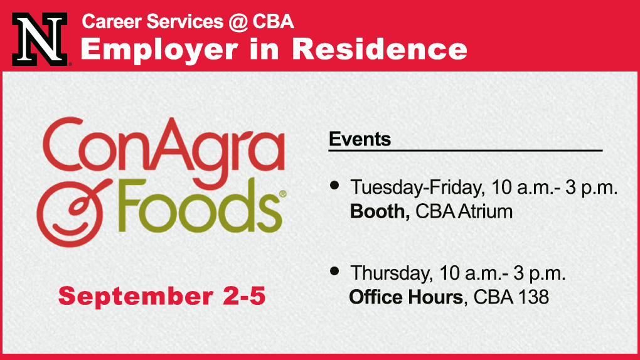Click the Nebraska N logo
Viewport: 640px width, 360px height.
tap(40, 39)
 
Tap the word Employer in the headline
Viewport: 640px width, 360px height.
tap(159, 50)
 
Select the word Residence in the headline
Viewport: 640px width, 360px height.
tap(380, 49)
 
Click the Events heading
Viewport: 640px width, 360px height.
tap(360, 139)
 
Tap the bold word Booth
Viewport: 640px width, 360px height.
tap(380, 211)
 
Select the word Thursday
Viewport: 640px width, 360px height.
tap(391, 273)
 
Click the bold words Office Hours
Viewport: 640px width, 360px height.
tap(407, 297)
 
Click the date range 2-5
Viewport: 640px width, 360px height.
tap(244, 296)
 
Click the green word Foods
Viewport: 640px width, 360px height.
tap(200, 206)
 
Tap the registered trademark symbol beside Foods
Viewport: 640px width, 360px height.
tap(282, 194)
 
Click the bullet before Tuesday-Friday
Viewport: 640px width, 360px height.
tap(334, 186)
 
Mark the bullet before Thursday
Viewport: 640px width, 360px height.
tap(334, 271)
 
